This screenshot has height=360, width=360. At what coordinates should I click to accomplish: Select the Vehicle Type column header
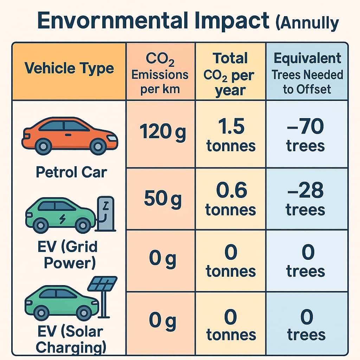coord(69,68)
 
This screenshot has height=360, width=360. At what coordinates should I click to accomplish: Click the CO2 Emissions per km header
coord(160,74)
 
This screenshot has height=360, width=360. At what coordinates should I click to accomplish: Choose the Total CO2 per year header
coord(230,75)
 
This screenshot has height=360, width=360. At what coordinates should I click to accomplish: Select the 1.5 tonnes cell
coord(231,135)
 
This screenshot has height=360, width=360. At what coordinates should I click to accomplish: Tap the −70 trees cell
coord(305,135)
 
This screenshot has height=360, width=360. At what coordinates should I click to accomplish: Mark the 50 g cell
coord(163,199)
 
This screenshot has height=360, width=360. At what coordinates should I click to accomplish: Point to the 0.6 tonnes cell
coord(231,199)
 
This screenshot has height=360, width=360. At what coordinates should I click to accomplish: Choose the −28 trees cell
coord(305,199)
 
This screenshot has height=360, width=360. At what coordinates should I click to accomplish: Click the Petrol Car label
coord(71,172)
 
